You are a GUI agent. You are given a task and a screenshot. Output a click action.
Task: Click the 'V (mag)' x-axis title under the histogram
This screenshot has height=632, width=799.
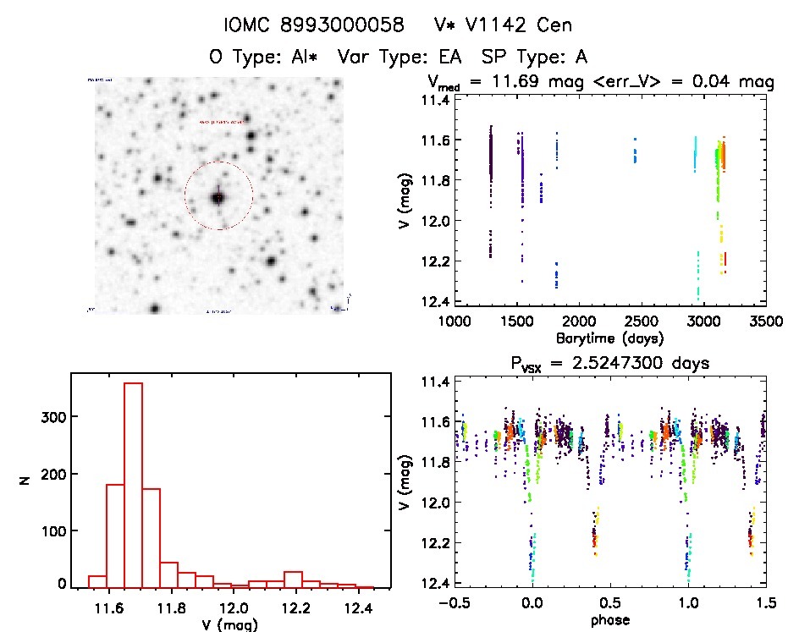click(x=230, y=625)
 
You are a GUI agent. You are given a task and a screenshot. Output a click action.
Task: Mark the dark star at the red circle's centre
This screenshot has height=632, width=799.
click(x=218, y=197)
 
